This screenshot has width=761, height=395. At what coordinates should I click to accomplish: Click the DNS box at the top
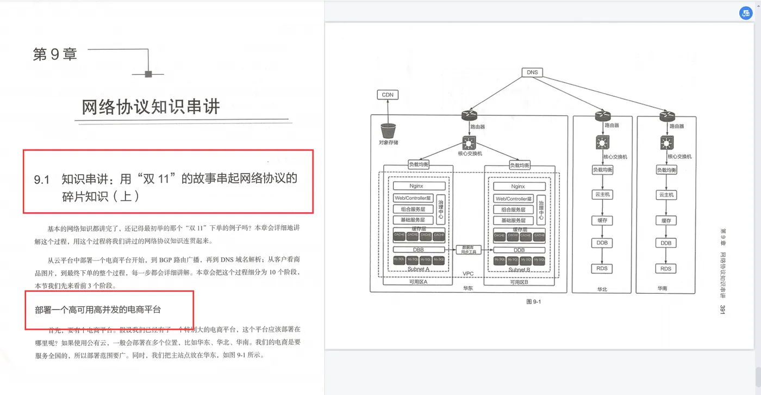click(x=532, y=72)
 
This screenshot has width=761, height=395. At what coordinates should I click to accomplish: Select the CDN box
click(x=388, y=95)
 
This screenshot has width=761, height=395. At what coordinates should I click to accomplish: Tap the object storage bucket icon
click(x=388, y=131)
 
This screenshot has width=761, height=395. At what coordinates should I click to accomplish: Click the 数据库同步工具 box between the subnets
click(x=469, y=249)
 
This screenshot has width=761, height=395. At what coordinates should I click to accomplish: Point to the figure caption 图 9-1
click(x=534, y=301)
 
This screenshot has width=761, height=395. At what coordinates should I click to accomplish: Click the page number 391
click(x=723, y=310)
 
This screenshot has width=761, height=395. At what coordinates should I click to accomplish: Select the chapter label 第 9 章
click(x=55, y=54)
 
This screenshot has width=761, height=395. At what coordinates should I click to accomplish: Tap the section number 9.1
click(x=42, y=180)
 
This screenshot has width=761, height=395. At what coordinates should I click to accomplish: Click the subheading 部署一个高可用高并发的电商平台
click(x=98, y=310)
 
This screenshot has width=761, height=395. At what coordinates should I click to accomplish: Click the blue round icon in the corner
click(x=745, y=14)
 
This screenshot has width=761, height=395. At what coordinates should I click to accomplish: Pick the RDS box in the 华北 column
click(x=602, y=268)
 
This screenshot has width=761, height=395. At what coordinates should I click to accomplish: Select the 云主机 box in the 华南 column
click(x=666, y=194)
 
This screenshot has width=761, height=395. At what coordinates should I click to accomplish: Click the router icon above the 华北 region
click(x=602, y=115)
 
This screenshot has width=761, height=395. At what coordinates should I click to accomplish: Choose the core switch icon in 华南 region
click(x=666, y=143)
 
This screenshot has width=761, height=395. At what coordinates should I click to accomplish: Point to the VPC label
click(x=468, y=274)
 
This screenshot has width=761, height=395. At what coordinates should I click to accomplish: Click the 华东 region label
click(x=468, y=288)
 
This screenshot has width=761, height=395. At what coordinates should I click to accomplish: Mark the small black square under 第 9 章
click(x=148, y=74)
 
